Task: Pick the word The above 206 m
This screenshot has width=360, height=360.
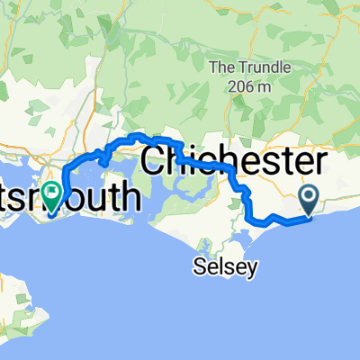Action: [x=221, y=67]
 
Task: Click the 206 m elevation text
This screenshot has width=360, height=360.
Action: [x=238, y=86]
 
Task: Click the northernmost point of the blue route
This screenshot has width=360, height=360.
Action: [x=137, y=135]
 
